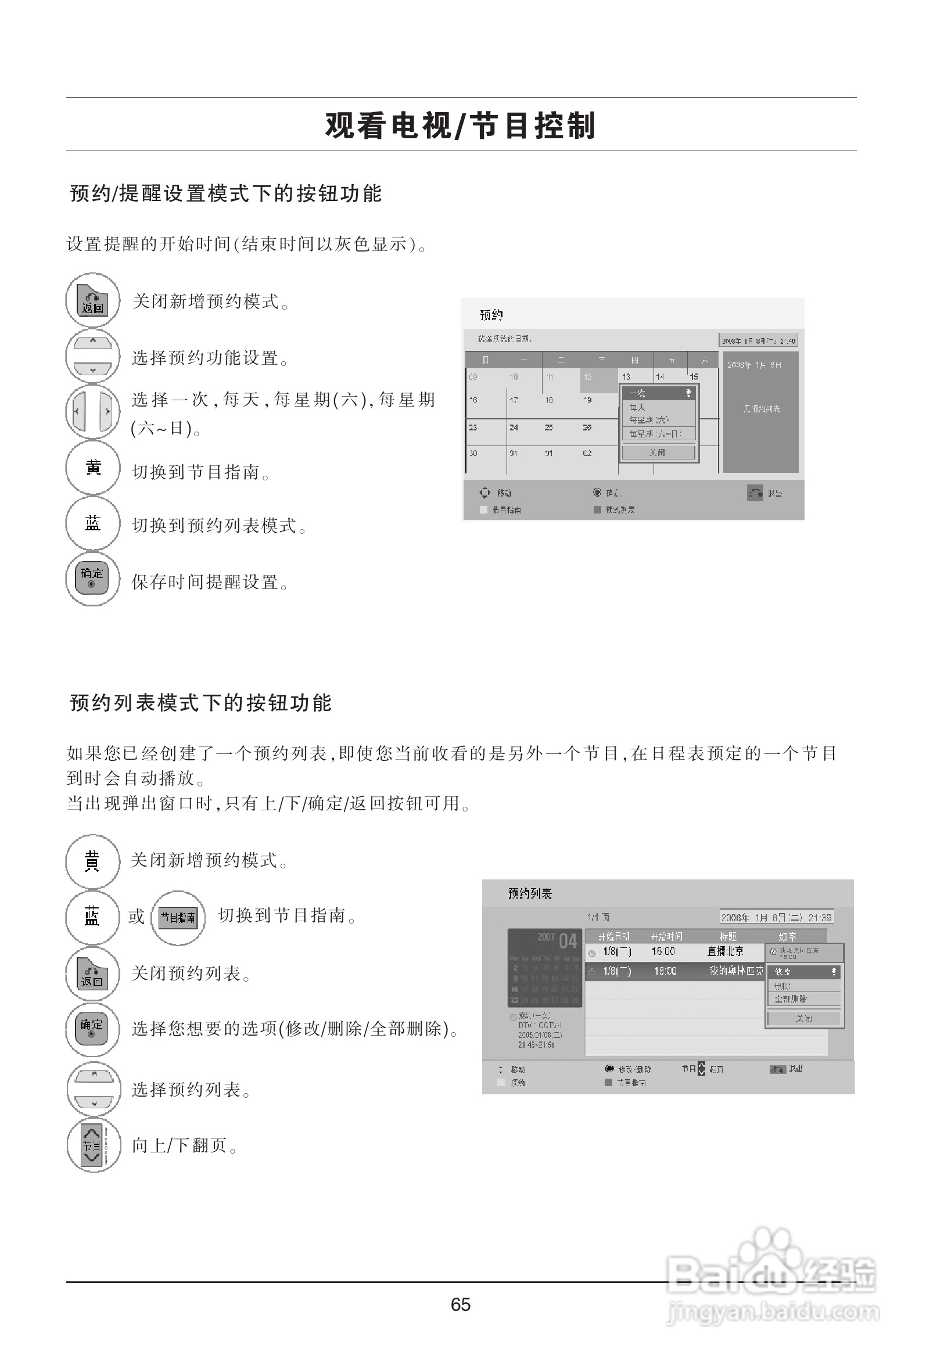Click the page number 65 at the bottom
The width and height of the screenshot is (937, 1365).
tap(460, 1305)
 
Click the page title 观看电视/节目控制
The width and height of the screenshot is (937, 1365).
tap(461, 125)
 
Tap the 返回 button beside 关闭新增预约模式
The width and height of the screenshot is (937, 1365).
tap(92, 301)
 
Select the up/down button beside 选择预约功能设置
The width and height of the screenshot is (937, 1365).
tap(92, 357)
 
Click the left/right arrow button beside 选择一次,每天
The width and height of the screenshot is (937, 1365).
tap(92, 412)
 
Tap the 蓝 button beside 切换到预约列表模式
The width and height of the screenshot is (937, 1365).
tap(92, 523)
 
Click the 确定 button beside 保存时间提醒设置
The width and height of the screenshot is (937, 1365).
tap(92, 579)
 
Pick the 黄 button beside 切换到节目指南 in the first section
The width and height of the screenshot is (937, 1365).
tap(92, 468)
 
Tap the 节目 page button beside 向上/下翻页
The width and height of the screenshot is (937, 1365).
tap(93, 1145)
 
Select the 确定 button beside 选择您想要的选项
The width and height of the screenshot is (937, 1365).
tap(92, 1029)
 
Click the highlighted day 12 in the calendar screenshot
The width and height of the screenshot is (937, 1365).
tap(588, 377)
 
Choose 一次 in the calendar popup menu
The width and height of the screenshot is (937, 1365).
tap(638, 393)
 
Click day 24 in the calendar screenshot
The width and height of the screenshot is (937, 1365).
tap(514, 428)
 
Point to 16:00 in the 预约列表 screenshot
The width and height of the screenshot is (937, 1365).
tap(663, 951)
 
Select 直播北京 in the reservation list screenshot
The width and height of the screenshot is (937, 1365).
tap(725, 951)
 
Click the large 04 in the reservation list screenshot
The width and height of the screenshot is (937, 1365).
tap(568, 942)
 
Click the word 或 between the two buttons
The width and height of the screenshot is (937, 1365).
tap(137, 916)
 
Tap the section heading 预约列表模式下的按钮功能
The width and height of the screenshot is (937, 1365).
tap(201, 702)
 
